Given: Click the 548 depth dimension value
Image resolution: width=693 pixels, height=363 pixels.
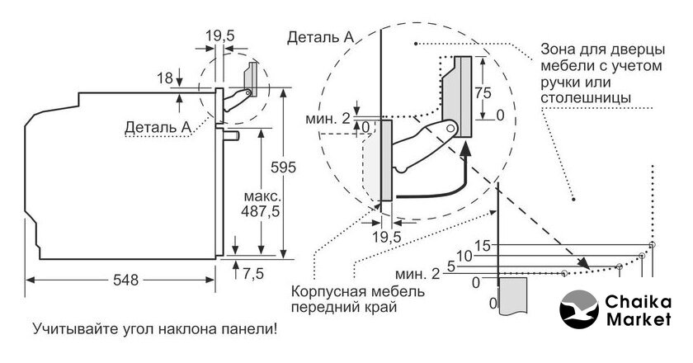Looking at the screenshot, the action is tap(125, 280).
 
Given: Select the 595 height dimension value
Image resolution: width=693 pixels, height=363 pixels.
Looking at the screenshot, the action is tap(283, 167).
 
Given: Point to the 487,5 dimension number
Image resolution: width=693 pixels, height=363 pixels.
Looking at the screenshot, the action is tap(261, 211).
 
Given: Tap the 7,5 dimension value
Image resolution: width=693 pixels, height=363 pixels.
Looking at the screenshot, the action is tap(252, 273).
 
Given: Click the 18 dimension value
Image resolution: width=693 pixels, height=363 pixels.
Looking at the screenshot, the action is tap(165, 78).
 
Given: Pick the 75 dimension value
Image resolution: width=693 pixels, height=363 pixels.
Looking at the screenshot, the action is tap(483, 93).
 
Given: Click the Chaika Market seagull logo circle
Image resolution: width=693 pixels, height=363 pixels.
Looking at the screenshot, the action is tap(579, 309).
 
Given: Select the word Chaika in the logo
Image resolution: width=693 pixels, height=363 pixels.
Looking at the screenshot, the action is tap(638, 303).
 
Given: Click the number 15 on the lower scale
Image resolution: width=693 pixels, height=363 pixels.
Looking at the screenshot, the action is tap(483, 245).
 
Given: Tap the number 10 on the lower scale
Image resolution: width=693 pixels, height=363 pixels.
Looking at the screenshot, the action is tap(464, 256).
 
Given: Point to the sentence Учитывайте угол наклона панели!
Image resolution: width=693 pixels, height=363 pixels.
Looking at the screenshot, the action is tap(155, 329).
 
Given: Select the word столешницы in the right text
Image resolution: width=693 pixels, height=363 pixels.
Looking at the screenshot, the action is tap(586, 97).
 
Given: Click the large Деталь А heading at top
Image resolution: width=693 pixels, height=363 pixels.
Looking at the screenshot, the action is tap(320, 37).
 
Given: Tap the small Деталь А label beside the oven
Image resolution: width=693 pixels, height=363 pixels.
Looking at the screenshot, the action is tap(158, 127).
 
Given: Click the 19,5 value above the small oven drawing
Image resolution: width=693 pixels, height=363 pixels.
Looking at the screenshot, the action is tap(220, 36).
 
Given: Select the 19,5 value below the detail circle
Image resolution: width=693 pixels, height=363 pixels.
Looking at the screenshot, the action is tap(386, 237).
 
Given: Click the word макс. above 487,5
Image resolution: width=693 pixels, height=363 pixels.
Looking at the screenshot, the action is tap(262, 196).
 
